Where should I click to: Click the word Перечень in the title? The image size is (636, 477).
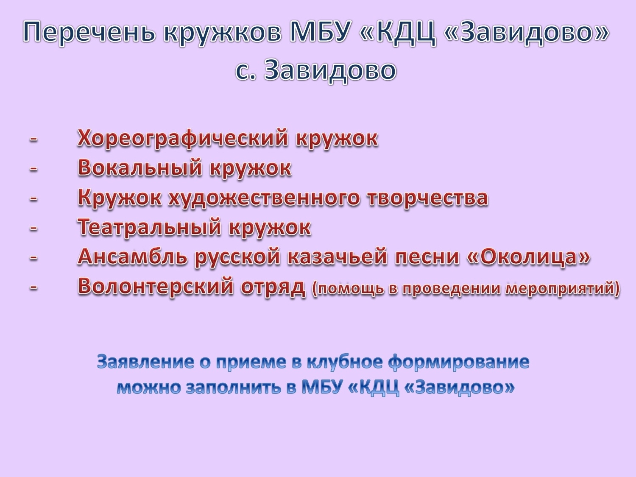tap(89, 33)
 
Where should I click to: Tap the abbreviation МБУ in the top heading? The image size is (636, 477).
tap(318, 32)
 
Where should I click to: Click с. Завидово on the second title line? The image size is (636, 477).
tap(315, 71)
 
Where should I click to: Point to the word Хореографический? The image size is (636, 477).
tap(183, 139)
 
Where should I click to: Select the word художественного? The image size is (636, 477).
tap(264, 199)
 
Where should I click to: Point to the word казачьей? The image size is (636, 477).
tap(337, 257)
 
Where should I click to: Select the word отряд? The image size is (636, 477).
tap(273, 288)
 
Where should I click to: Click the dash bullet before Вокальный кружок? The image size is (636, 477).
tap(33, 169)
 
